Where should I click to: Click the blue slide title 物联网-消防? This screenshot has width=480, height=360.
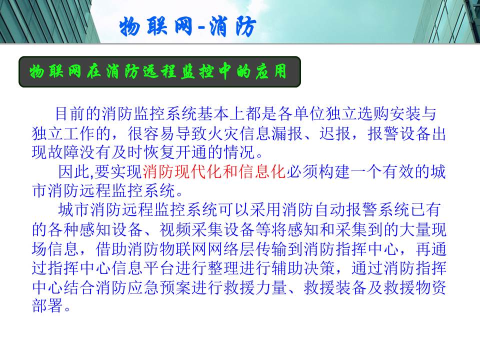pyautogui.click(x=187, y=27)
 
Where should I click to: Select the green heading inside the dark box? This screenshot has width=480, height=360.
pyautogui.click(x=158, y=71)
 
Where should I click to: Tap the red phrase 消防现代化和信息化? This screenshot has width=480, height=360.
pyautogui.click(x=214, y=171)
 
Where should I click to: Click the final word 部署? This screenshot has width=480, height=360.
pyautogui.click(x=47, y=306)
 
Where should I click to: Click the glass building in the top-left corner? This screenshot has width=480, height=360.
pyautogui.click(x=46, y=21)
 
